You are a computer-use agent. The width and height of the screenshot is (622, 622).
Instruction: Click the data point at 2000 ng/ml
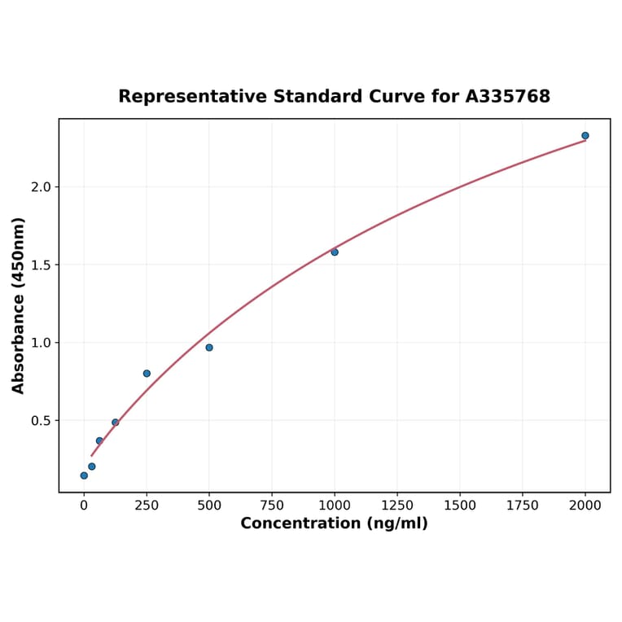[585, 136]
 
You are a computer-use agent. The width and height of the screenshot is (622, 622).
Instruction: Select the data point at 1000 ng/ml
[335, 252]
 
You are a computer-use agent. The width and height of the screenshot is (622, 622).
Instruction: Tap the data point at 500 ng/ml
[209, 348]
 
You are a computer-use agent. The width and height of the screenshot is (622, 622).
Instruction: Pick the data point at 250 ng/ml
[147, 374]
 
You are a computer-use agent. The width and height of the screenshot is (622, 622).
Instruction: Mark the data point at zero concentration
[84, 475]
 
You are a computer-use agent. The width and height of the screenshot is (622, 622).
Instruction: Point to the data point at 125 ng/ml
[116, 423]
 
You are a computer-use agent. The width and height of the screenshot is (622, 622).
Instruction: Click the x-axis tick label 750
[272, 506]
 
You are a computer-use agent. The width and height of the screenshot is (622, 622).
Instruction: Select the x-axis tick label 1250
[397, 506]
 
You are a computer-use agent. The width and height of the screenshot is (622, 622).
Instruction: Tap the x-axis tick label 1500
[460, 506]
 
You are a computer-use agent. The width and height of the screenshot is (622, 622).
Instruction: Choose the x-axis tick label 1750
[523, 506]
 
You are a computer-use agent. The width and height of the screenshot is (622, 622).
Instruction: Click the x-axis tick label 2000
[585, 506]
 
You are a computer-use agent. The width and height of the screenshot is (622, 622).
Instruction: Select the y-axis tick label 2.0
[42, 187]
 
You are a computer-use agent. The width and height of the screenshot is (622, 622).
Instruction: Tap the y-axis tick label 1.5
[42, 265]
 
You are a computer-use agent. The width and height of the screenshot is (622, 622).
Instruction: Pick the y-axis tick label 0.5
[42, 421]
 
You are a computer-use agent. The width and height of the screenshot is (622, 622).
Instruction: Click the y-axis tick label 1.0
[42, 343]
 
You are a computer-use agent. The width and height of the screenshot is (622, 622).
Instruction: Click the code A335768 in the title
[508, 97]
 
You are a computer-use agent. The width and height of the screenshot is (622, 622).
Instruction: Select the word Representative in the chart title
[192, 97]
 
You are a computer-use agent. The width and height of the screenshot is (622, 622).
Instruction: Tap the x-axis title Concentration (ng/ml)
[334, 523]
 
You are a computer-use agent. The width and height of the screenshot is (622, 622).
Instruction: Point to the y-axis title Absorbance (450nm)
[19, 305]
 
